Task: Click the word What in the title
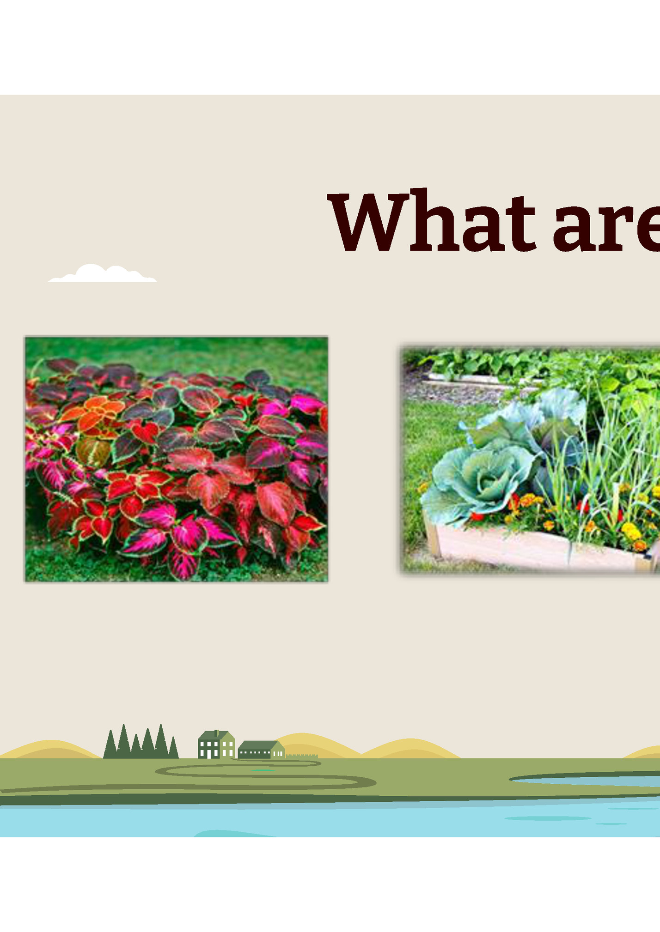(x=432, y=222)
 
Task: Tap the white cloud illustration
(x=103, y=274)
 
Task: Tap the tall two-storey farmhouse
(x=216, y=745)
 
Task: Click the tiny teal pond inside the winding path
(x=263, y=770)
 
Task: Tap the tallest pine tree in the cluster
(x=161, y=739)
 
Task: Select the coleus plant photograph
(x=176, y=459)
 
